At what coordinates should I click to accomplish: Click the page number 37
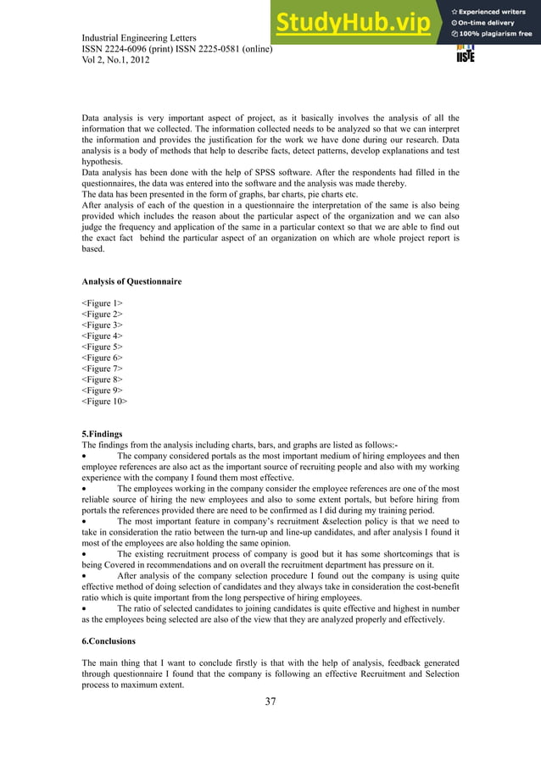270,701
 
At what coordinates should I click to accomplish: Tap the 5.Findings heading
102,434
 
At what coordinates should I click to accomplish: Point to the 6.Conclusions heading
110,640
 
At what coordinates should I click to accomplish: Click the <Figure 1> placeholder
101,302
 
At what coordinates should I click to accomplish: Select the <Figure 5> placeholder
101,346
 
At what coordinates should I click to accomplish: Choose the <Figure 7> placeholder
101,369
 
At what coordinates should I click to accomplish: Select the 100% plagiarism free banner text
496,34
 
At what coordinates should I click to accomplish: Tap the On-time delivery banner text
490,22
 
